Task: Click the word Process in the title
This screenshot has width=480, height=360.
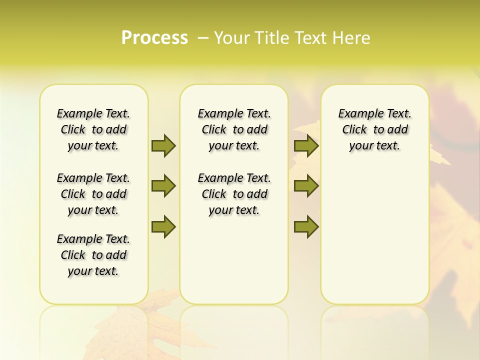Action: (154, 38)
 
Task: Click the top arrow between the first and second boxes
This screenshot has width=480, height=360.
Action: (163, 145)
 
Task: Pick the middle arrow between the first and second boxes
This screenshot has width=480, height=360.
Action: (163, 186)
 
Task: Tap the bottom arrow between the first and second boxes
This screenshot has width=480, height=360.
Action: (163, 226)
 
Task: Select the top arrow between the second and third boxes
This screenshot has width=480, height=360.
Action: (306, 145)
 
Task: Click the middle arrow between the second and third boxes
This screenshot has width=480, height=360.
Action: (306, 186)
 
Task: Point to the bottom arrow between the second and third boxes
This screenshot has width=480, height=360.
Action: (306, 226)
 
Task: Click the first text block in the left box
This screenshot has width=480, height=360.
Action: (93, 129)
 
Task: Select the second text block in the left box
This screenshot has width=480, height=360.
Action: (93, 194)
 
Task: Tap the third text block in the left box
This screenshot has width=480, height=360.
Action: (93, 255)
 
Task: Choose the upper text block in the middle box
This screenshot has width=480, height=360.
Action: (234, 129)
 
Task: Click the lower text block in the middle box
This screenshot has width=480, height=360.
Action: (234, 194)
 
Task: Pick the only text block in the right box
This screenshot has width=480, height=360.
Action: (375, 129)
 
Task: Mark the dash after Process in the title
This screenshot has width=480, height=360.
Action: (203, 38)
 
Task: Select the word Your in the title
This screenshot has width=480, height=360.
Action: (229, 38)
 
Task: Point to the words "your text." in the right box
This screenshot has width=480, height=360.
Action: (375, 146)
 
